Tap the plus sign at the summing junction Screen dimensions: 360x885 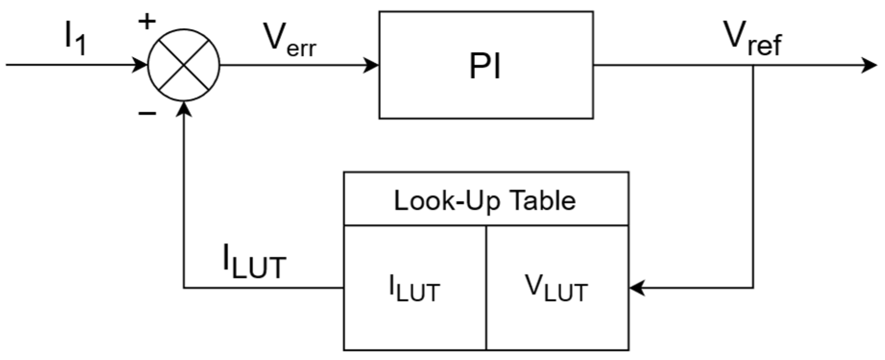147,22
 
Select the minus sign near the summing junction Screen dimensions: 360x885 147,113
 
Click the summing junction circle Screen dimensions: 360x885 183,65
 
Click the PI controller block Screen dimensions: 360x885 486,65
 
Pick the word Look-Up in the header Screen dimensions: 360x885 448,200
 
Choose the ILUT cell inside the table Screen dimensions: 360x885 415,288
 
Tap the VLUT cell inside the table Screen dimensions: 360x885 557,288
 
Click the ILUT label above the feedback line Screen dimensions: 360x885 254,262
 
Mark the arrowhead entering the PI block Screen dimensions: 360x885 372,65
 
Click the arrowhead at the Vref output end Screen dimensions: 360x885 870,65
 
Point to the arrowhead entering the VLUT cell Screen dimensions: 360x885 636,288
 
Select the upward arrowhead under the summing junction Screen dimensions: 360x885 183,109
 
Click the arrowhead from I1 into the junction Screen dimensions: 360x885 140,65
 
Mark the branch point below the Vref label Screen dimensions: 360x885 753,65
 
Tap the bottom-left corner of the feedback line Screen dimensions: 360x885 183,288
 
